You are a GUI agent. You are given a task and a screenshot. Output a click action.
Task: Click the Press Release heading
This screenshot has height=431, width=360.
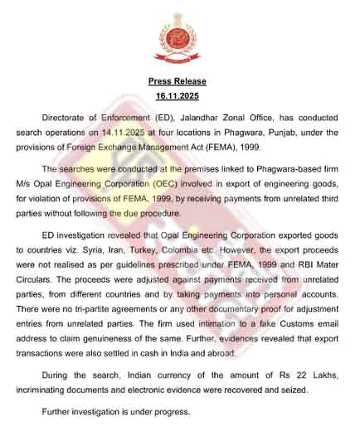click(x=177, y=81)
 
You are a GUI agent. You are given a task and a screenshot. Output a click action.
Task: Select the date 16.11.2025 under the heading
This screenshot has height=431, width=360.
click(x=177, y=97)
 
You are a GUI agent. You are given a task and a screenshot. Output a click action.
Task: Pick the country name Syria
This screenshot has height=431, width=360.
click(x=96, y=248)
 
